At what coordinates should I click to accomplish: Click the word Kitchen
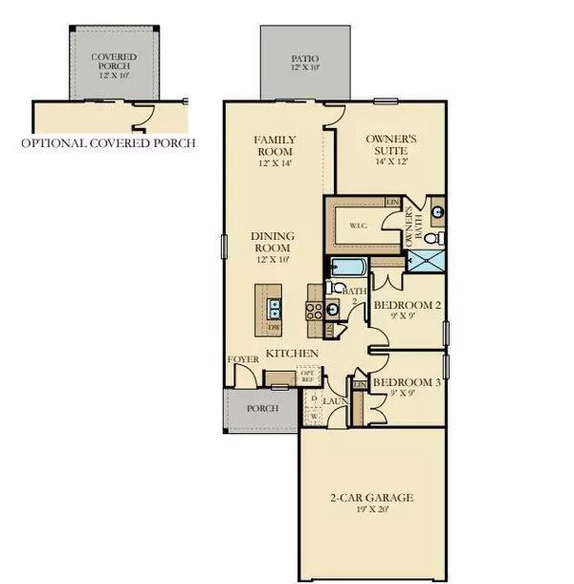(292, 353)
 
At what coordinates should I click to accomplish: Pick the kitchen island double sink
(275, 308)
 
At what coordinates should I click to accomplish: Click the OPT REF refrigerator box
(308, 377)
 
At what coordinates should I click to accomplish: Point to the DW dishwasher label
(273, 328)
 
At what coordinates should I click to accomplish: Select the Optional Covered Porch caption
(108, 143)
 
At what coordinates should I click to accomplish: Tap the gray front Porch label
(262, 408)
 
